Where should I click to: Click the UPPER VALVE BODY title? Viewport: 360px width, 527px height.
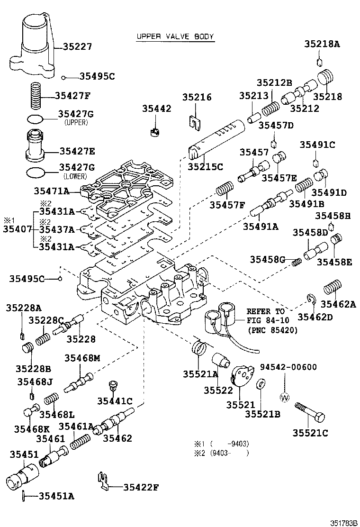(175, 36)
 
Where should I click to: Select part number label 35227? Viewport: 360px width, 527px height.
(78, 46)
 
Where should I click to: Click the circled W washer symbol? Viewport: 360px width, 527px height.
(285, 398)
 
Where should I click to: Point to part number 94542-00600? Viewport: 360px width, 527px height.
(288, 367)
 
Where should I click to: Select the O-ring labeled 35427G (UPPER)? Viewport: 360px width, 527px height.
(36, 118)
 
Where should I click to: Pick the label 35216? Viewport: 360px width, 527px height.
(197, 97)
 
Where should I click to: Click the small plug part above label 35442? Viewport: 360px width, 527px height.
(154, 131)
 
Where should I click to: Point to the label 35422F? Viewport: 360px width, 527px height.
(141, 486)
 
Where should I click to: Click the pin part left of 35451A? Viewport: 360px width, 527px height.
(23, 496)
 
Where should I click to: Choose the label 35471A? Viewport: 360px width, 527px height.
(52, 191)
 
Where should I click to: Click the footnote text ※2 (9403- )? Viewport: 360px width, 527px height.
(221, 453)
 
